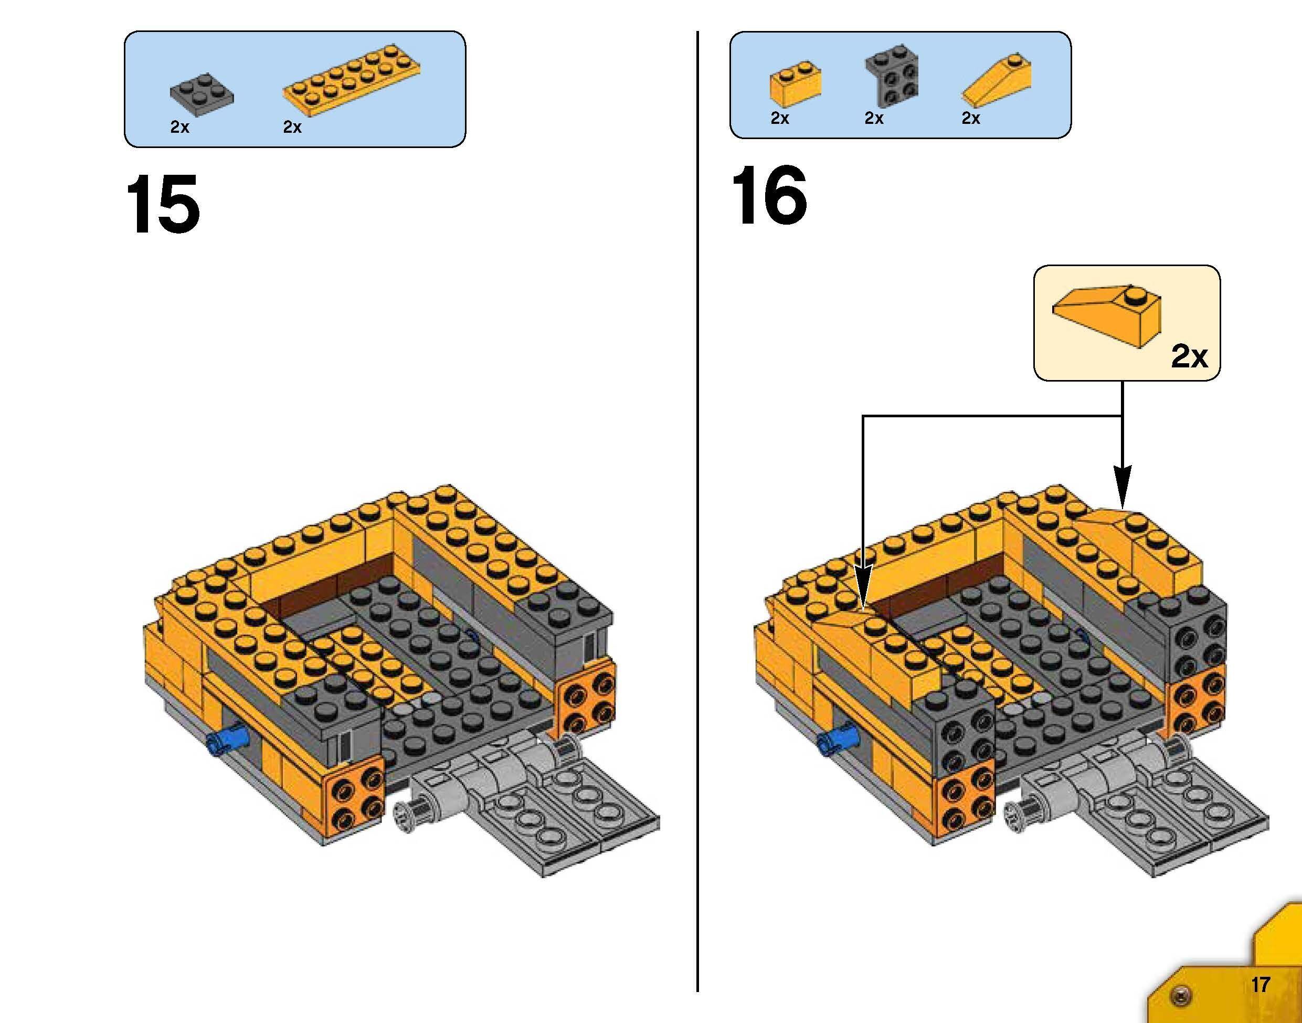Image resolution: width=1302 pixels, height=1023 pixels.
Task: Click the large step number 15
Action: [x=163, y=204]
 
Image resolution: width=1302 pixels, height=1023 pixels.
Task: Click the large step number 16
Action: [x=769, y=196]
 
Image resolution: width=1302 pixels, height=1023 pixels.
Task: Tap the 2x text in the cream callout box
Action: [x=1189, y=357]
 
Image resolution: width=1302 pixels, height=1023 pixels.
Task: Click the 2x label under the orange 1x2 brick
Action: [x=779, y=119]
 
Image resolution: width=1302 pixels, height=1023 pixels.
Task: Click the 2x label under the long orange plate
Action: [x=292, y=127]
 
